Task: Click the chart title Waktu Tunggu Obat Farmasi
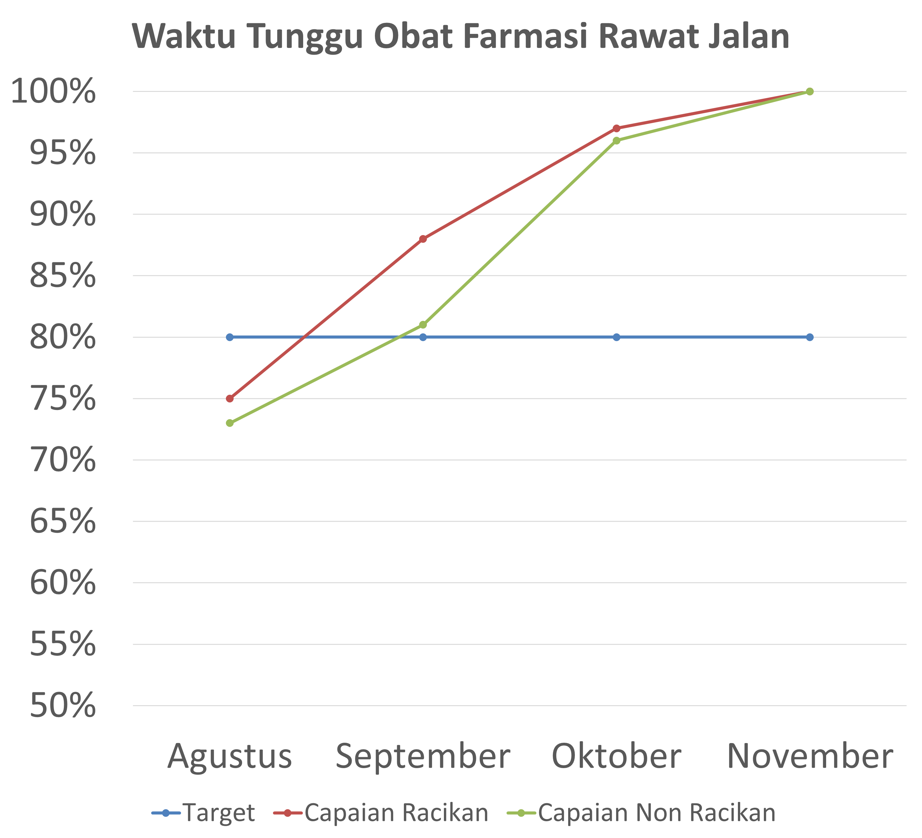(x=461, y=37)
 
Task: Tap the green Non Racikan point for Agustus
(x=230, y=423)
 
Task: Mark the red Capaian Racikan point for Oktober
(x=616, y=128)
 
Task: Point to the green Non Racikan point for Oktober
(x=616, y=140)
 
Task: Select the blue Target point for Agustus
(x=230, y=337)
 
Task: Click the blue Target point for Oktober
(x=616, y=337)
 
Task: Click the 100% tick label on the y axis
(x=53, y=92)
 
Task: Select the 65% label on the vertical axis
(x=63, y=521)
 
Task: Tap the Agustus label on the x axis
(x=230, y=757)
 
